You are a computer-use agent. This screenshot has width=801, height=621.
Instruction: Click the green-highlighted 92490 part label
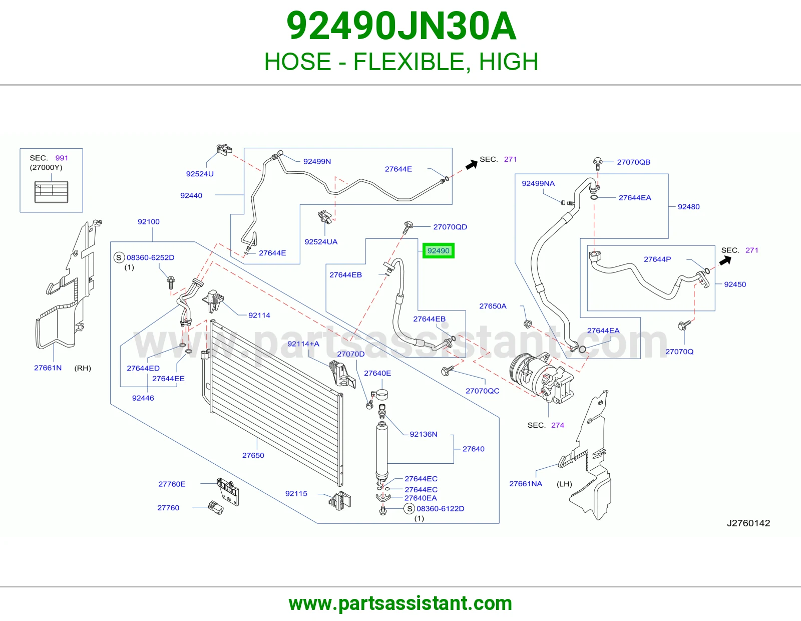tap(438, 251)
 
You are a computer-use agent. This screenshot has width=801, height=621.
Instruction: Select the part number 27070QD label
tap(450, 227)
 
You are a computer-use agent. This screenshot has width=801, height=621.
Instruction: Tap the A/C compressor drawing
tap(541, 378)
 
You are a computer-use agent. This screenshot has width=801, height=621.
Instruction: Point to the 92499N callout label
tap(317, 161)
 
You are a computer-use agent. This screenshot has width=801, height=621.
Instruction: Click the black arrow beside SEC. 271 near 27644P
tap(725, 261)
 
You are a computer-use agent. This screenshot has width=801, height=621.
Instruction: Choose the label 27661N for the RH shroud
tap(48, 368)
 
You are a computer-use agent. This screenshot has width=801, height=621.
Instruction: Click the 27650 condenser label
tap(253, 455)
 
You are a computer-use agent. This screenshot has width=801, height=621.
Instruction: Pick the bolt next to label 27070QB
tap(598, 163)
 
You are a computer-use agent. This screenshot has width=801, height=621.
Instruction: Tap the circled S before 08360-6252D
tap(119, 257)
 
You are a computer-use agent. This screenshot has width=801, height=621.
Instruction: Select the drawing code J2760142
tap(748, 523)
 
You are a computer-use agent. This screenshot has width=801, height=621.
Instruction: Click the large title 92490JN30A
tap(401, 26)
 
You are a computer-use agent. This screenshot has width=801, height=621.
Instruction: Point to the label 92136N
tap(424, 434)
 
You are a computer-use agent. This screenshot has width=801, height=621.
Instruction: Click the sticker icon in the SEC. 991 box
tap(51, 192)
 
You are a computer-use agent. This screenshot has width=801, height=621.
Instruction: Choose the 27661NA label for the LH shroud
tap(526, 483)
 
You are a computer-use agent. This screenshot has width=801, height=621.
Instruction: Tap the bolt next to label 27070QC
tap(447, 371)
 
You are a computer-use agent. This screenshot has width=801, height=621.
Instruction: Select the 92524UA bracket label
tap(321, 241)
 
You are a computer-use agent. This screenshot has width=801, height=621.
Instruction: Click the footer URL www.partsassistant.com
tap(400, 603)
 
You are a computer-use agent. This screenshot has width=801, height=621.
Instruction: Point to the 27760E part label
tap(172, 484)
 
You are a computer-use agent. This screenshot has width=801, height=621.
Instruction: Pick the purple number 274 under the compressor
tap(558, 425)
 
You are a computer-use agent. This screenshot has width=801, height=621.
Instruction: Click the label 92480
tap(688, 206)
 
